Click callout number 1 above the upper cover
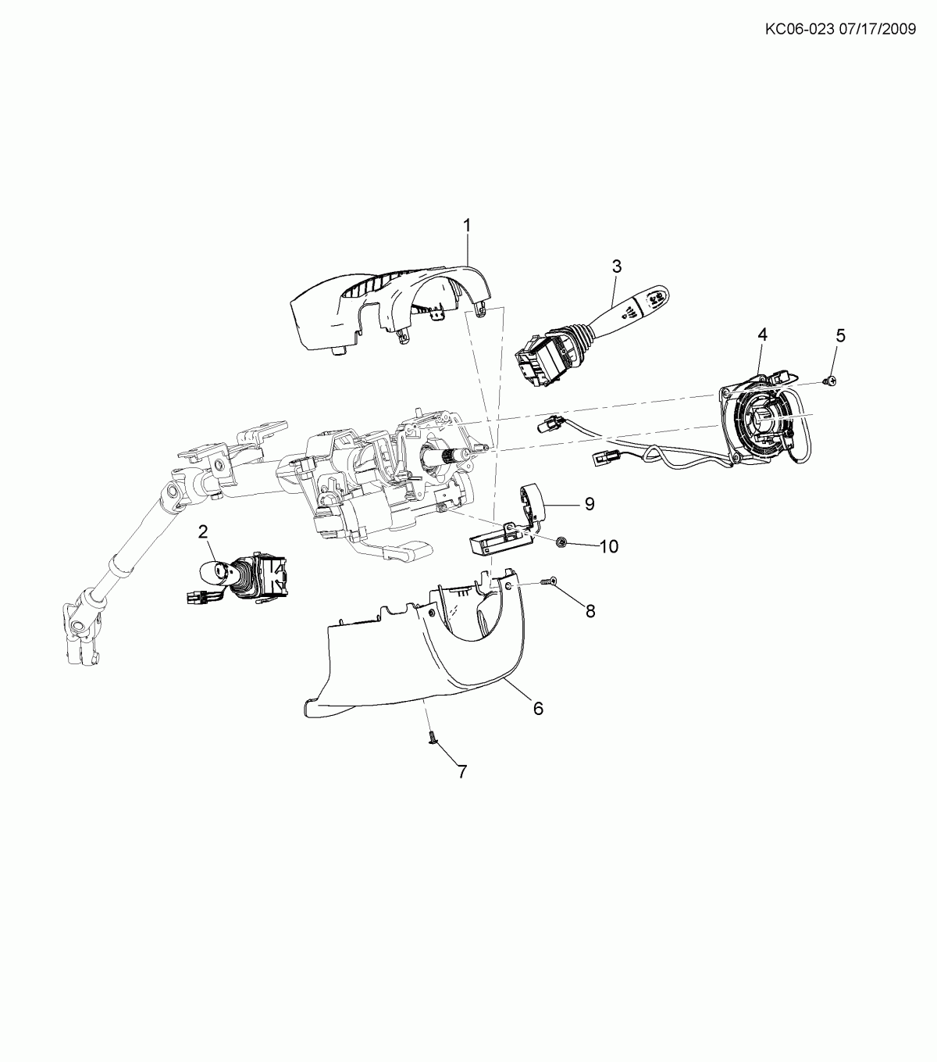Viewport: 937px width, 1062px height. coord(466,225)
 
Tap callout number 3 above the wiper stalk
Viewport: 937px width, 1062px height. coord(617,266)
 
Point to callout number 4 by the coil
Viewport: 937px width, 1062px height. coord(762,334)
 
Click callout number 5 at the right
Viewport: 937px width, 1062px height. coord(840,335)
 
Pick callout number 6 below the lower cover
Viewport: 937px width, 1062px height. coord(539,709)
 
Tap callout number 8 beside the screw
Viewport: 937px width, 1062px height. coord(590,610)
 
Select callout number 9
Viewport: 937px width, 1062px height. coord(590,504)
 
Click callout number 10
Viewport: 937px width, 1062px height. coord(609,546)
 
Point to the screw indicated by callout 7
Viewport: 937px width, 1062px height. coord(433,738)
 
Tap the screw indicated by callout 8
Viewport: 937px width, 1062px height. coord(548,581)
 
